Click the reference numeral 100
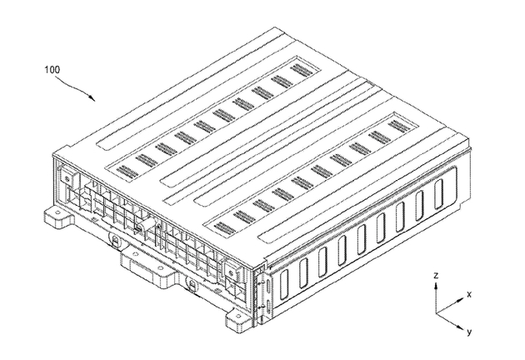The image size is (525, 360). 52,70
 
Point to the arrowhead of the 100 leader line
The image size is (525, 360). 92,97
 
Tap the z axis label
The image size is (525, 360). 436,275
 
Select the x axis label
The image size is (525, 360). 469,294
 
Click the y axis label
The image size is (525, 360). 469,332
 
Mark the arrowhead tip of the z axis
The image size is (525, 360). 436,283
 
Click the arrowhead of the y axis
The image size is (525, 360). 462,327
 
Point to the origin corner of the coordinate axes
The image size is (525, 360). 436,314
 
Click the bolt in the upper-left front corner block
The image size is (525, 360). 67,178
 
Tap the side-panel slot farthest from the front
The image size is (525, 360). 438,194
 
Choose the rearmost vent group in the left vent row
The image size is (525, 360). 300,69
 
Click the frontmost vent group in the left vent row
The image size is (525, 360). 127,172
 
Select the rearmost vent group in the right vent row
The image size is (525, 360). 399,125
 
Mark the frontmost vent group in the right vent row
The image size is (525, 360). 225,227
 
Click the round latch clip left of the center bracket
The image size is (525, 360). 115,241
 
